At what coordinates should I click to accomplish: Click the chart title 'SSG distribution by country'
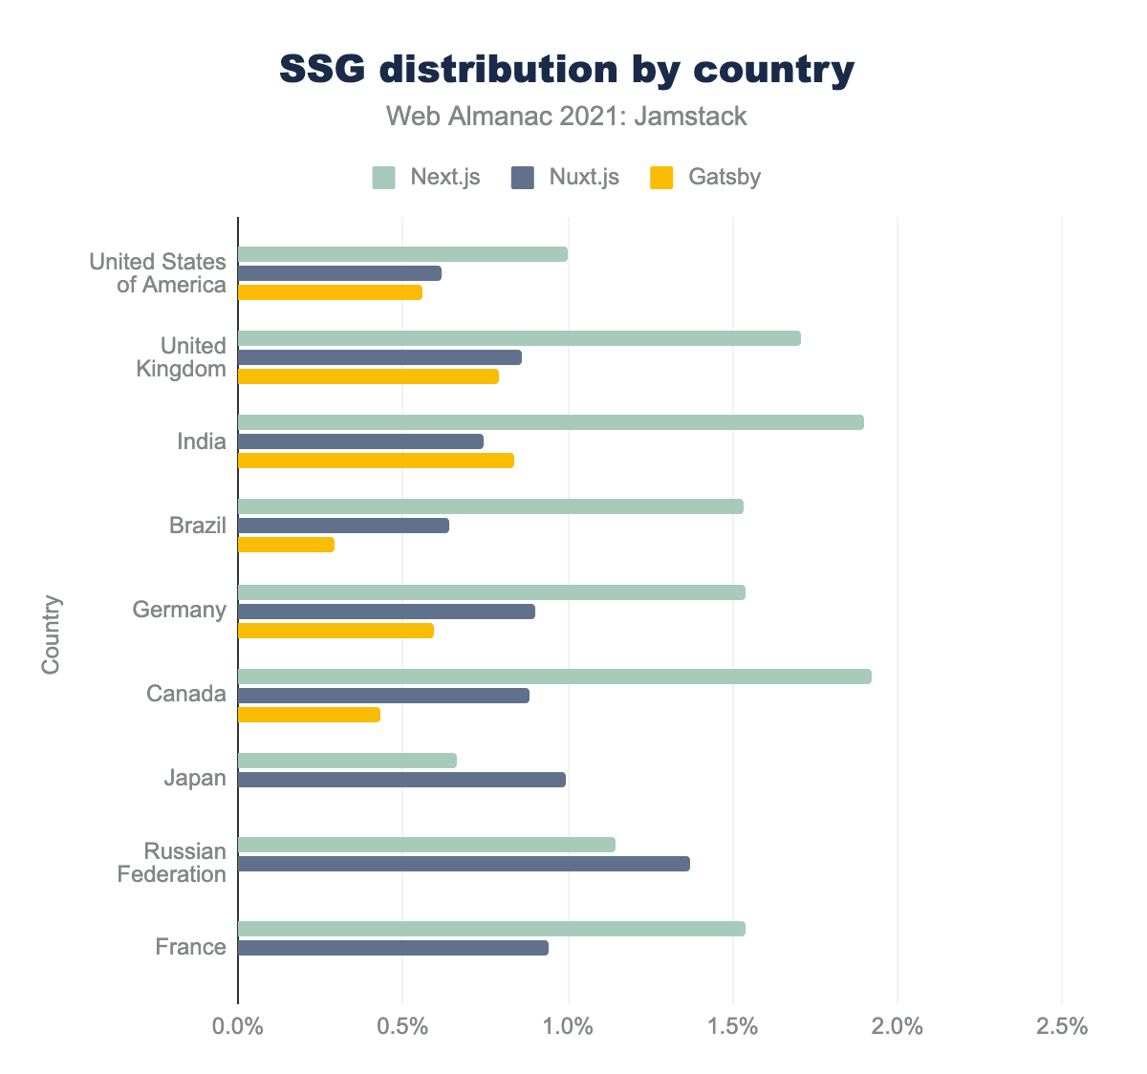(567, 70)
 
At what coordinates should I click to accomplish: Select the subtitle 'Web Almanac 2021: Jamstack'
(567, 117)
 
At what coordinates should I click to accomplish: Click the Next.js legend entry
(426, 177)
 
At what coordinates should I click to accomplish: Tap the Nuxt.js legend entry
(565, 177)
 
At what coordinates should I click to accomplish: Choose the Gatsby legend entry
(705, 177)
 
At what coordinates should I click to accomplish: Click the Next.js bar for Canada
(554, 677)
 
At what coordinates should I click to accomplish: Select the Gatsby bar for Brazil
(286, 545)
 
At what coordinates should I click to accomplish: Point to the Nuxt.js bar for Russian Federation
(464, 864)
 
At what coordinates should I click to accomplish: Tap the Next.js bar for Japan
(347, 761)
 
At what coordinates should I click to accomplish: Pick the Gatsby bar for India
(376, 461)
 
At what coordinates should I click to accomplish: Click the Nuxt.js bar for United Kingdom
(379, 357)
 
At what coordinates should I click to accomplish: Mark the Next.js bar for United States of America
(402, 254)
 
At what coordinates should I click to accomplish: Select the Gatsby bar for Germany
(335, 631)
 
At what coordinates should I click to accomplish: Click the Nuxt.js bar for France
(393, 948)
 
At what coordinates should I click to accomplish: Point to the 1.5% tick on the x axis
(733, 1028)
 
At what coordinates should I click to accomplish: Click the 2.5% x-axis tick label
(1062, 1028)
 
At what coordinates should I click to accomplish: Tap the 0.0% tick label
(238, 1028)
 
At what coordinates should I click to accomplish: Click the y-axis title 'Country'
(51, 634)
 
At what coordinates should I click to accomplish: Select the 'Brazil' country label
(198, 526)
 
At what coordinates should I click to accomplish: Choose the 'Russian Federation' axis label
(172, 863)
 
